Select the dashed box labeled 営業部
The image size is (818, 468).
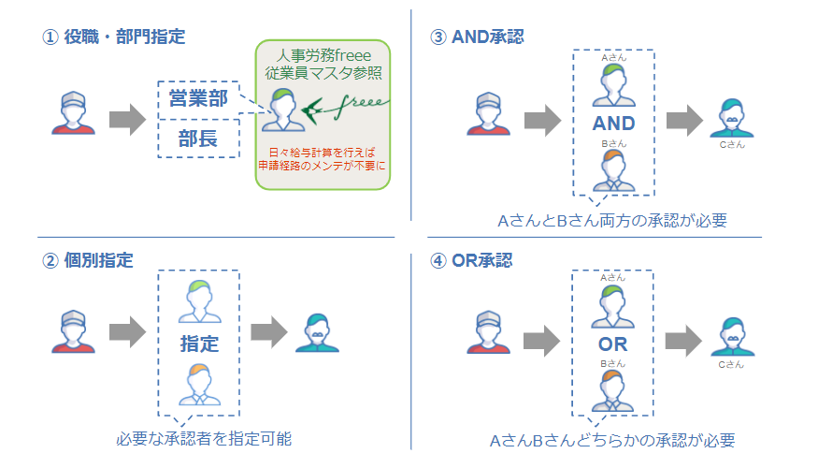(x=198, y=96)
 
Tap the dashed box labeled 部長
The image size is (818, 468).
(x=198, y=139)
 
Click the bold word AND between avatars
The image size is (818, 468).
(x=613, y=124)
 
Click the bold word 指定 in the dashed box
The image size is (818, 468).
(x=199, y=344)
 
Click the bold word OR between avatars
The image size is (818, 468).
(x=613, y=344)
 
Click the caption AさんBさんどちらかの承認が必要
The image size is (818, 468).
(x=612, y=440)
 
